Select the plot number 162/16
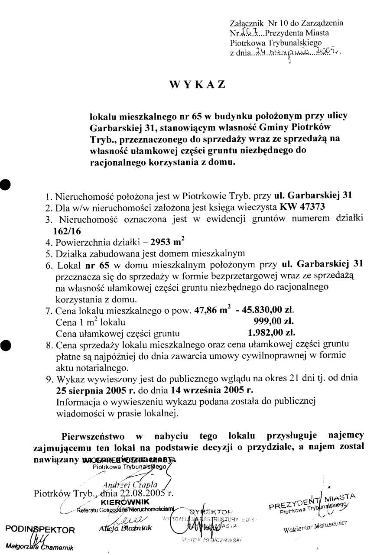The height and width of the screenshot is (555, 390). (68, 230)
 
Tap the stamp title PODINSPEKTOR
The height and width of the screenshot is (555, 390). (40, 529)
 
